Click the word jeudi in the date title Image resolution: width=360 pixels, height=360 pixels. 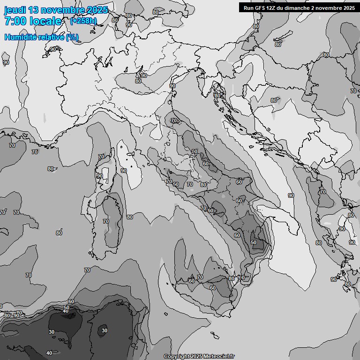point(15,10)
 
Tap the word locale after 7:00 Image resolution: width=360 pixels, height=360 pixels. point(45,21)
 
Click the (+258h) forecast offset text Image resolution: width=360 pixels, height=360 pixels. point(84,21)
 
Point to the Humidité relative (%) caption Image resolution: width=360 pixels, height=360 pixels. point(42,37)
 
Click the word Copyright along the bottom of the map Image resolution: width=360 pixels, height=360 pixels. point(177,356)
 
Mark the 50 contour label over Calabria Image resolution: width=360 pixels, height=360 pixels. point(254,242)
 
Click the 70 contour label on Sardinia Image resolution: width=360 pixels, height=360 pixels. point(106,221)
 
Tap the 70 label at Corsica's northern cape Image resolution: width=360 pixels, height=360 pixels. point(101,157)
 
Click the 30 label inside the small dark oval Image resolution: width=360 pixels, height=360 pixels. point(105,330)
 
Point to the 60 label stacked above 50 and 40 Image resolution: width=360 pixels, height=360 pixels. point(71,302)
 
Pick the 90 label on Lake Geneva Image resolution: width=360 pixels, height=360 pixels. point(53,49)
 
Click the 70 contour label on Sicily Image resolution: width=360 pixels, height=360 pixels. point(200,277)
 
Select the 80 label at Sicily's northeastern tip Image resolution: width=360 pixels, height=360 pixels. point(232,278)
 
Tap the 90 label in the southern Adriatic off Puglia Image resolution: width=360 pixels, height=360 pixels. point(291,195)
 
